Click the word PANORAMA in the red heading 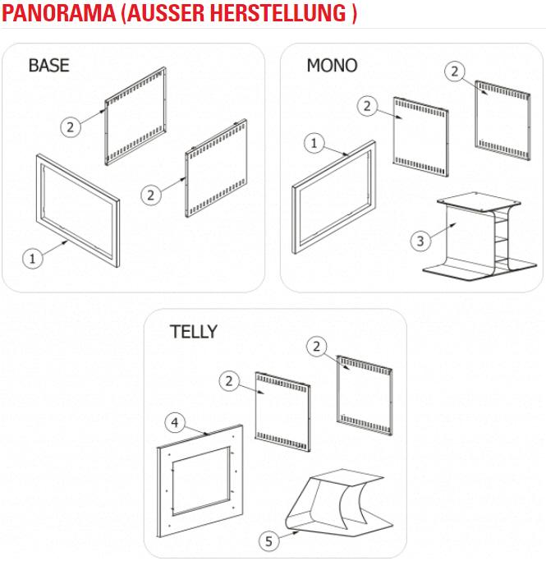[59, 13]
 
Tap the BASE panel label [48, 66]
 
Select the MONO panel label [332, 66]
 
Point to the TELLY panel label [194, 332]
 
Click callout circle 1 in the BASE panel [33, 258]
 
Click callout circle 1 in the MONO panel [314, 143]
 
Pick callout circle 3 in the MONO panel [420, 241]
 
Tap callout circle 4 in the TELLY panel [175, 422]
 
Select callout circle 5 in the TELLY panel [268, 541]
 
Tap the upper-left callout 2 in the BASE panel [70, 127]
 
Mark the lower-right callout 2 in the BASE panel [151, 195]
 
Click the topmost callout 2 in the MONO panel [455, 71]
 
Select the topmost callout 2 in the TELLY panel [316, 347]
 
